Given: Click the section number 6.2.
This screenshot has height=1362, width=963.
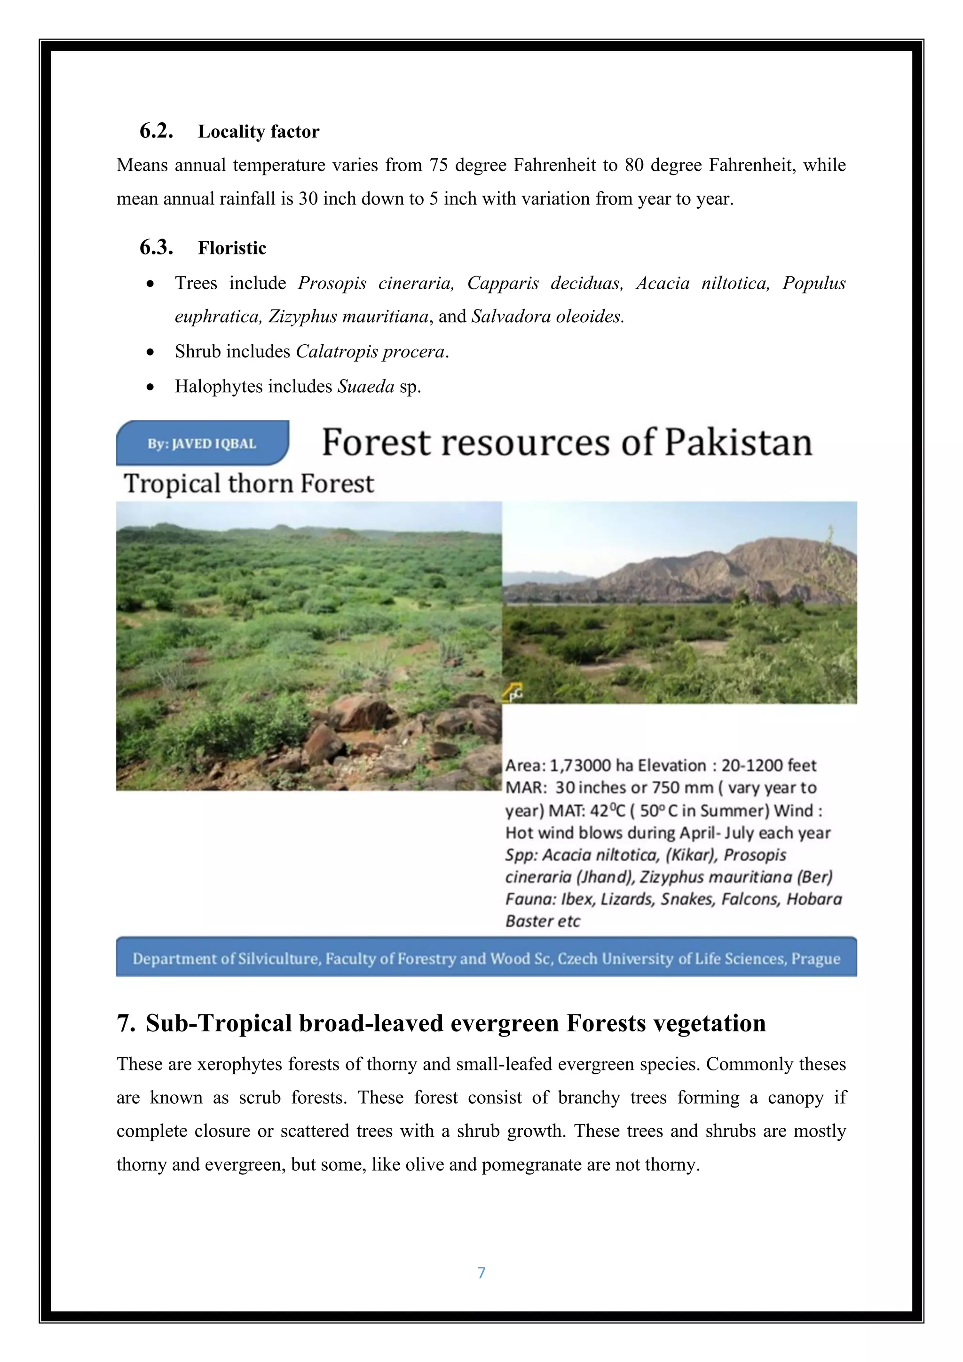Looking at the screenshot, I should click(156, 131).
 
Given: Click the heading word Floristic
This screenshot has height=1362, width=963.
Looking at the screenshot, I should click(232, 248).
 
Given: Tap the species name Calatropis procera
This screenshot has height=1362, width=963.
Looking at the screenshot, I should click(370, 352).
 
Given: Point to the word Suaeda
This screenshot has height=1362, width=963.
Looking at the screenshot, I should click(366, 387).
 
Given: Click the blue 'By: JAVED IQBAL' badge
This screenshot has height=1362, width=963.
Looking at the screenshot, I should click(202, 443).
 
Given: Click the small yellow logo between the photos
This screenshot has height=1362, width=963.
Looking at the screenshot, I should click(513, 692).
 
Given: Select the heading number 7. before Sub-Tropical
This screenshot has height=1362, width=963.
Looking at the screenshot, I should click(126, 1024).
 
